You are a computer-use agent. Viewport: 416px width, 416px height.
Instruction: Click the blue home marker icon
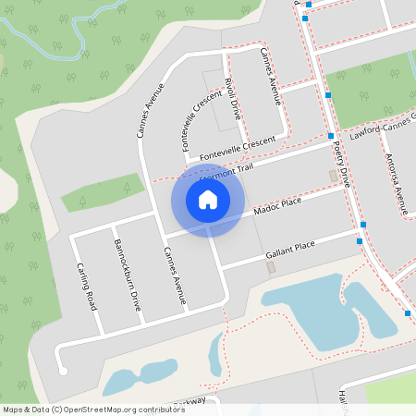tap(207, 199)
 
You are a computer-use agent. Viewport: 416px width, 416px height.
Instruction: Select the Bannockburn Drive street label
tap(127, 275)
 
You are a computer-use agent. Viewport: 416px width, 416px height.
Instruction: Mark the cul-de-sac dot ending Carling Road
tap(63, 372)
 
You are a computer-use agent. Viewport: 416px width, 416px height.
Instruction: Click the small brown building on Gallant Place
tap(271, 267)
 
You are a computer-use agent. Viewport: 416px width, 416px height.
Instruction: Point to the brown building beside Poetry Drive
tap(334, 176)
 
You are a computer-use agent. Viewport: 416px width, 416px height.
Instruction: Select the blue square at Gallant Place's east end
tap(360, 241)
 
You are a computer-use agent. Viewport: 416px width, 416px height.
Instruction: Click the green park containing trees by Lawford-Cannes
tap(370, 92)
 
